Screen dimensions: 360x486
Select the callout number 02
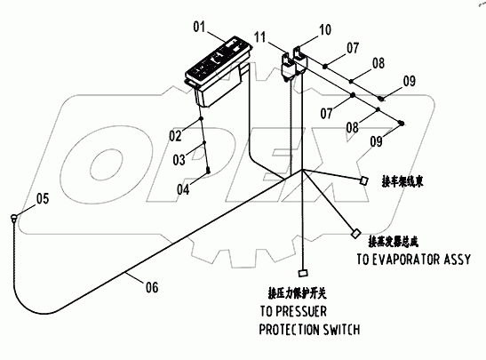click(176, 136)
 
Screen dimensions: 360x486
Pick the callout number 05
click(42, 197)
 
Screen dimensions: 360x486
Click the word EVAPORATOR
click(400, 260)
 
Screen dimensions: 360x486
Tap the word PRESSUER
click(311, 312)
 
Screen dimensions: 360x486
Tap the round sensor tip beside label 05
click(16, 216)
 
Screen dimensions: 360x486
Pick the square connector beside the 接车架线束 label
click(363, 181)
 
